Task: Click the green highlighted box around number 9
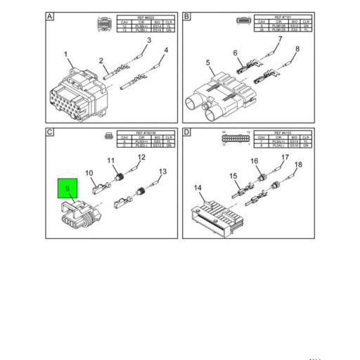(67, 188)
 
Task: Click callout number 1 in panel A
(65, 55)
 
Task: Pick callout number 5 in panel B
(208, 63)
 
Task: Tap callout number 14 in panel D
(198, 188)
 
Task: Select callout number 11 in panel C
(110, 162)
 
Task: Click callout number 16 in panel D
(255, 162)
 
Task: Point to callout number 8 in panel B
(297, 49)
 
